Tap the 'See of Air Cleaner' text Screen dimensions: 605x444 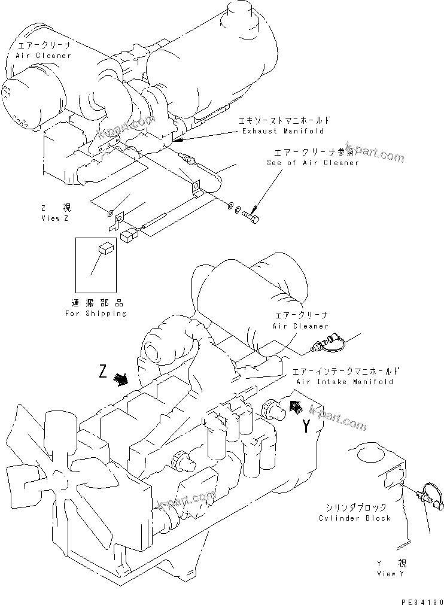(x=313, y=162)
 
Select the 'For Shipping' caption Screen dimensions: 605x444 (x=96, y=313)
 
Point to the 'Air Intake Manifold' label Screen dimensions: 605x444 (x=344, y=381)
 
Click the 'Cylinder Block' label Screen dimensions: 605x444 (x=355, y=518)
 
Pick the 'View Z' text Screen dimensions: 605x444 (x=55, y=218)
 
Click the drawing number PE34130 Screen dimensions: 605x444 (x=418, y=598)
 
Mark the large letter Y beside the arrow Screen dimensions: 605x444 (x=306, y=427)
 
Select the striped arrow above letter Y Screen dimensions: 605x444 (x=295, y=407)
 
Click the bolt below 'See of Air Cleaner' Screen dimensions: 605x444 (x=252, y=217)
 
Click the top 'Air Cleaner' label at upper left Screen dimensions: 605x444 (x=44, y=55)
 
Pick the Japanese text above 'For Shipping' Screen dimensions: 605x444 (x=96, y=303)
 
